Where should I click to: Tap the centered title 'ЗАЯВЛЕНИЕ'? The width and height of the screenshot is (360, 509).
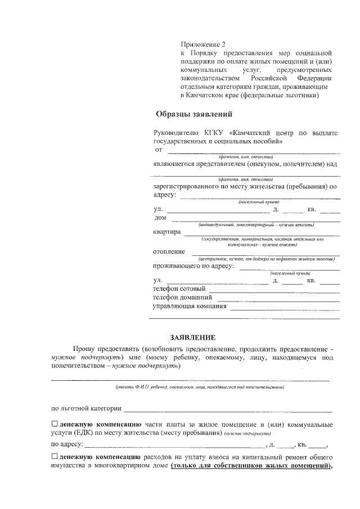pyautogui.click(x=192, y=337)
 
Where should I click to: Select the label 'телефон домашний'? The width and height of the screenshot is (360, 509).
pyautogui.click(x=182, y=298)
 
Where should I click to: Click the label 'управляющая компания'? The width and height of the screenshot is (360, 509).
pyautogui.click(x=190, y=307)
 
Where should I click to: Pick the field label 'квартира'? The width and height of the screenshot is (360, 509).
pyautogui.click(x=166, y=232)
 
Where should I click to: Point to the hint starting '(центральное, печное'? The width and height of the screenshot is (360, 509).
pyautogui.click(x=263, y=259)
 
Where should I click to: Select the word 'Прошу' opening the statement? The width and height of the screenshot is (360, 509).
pyautogui.click(x=83, y=349)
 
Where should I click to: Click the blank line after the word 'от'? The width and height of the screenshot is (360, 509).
pyautogui.click(x=253, y=151)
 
